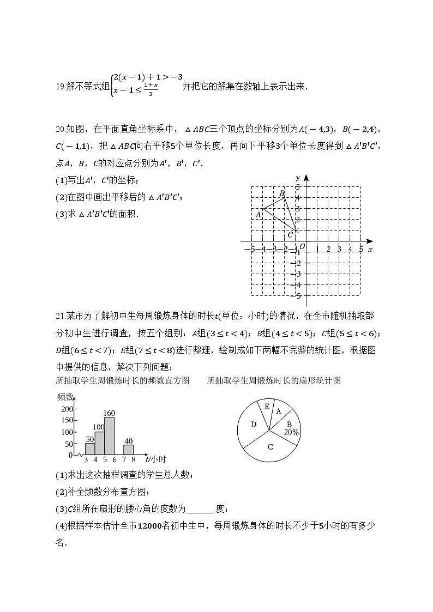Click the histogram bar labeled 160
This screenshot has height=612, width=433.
[110, 436]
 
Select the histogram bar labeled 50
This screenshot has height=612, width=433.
[90, 449]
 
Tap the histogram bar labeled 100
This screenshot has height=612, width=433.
[100, 443]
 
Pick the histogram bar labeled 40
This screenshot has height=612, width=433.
[129, 450]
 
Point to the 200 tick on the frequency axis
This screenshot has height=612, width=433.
[67, 409]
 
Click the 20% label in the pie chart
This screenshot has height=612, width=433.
[291, 432]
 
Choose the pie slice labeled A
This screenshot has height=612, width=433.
[279, 411]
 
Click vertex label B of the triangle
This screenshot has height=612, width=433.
[282, 193]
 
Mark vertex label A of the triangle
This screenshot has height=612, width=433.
[258, 215]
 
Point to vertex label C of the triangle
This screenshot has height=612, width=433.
[290, 234]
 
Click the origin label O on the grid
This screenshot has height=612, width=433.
[302, 247]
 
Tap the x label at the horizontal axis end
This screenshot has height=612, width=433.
[370, 249]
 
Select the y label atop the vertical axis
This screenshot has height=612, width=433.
[298, 178]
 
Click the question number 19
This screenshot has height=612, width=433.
[61, 86]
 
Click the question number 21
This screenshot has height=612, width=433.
[61, 316]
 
